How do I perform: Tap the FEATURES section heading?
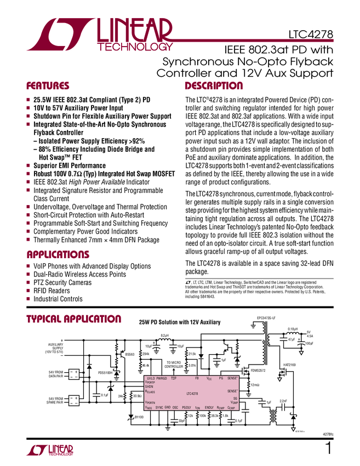point(48,86)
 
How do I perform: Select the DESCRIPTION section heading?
point(214,86)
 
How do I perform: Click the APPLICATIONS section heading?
point(58,255)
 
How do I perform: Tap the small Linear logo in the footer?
point(50,450)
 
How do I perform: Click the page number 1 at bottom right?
point(328,447)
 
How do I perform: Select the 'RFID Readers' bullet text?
point(52,291)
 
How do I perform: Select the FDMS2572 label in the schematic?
point(258,371)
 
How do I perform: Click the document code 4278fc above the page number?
point(327,435)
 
